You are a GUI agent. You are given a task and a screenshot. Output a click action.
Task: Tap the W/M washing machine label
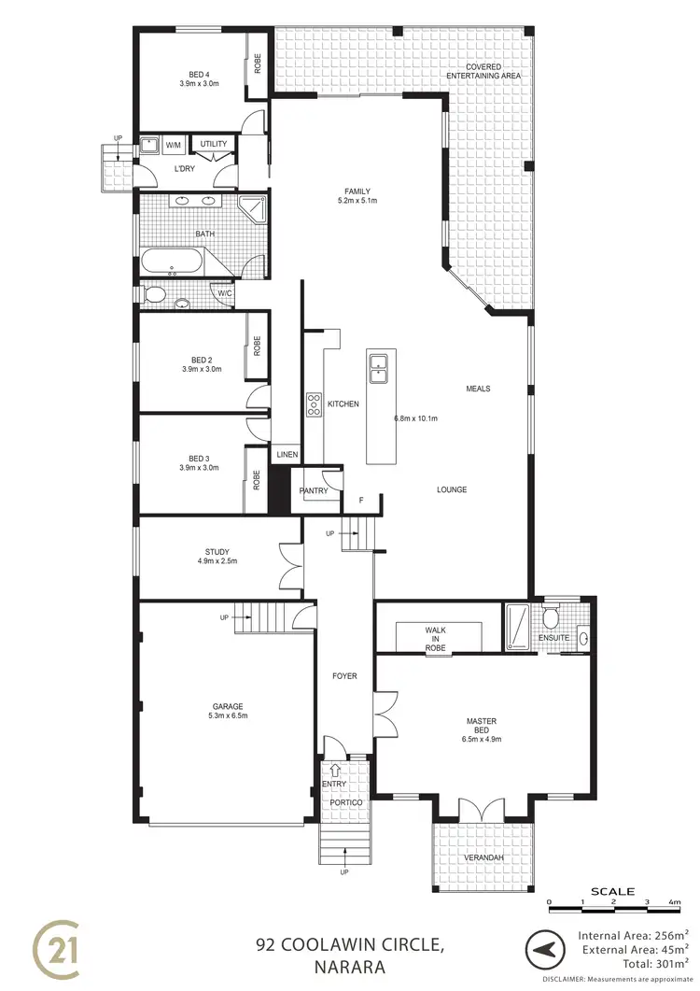pyautogui.click(x=174, y=146)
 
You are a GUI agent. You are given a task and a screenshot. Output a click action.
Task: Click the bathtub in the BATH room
pyautogui.click(x=174, y=262)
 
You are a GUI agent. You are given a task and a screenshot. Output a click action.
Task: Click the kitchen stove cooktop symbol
pyautogui.click(x=313, y=403)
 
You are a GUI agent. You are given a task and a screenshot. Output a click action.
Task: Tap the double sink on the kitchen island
pyautogui.click(x=380, y=368)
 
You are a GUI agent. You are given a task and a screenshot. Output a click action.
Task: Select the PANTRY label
pyautogui.click(x=312, y=490)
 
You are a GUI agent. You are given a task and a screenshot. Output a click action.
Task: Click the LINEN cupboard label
pyautogui.click(x=285, y=455)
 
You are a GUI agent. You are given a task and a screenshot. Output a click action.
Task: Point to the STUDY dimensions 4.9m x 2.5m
pyautogui.click(x=217, y=561)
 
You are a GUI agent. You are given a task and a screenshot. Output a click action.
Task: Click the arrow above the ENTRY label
pyautogui.click(x=335, y=769)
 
